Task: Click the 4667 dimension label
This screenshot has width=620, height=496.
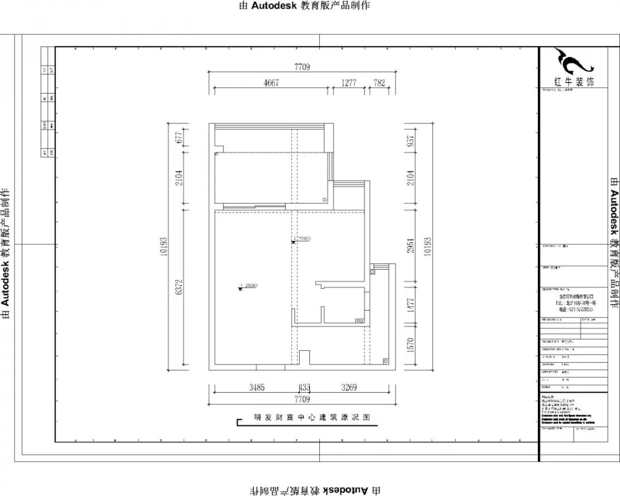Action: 271,83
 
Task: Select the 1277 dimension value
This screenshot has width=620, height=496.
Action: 348,83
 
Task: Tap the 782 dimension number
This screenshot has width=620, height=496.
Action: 379,83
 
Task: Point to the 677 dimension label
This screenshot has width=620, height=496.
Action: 179,137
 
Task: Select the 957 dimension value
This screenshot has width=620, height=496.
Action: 410,142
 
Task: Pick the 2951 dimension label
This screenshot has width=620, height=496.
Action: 410,245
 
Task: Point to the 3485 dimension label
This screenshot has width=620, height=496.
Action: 257,387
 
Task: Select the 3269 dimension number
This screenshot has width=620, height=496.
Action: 348,387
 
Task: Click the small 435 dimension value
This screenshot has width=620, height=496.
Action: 301,387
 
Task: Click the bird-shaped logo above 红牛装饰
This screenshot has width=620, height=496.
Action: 567,61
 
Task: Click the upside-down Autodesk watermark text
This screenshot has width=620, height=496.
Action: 315,489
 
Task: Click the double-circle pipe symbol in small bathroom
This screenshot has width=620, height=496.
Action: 361,321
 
